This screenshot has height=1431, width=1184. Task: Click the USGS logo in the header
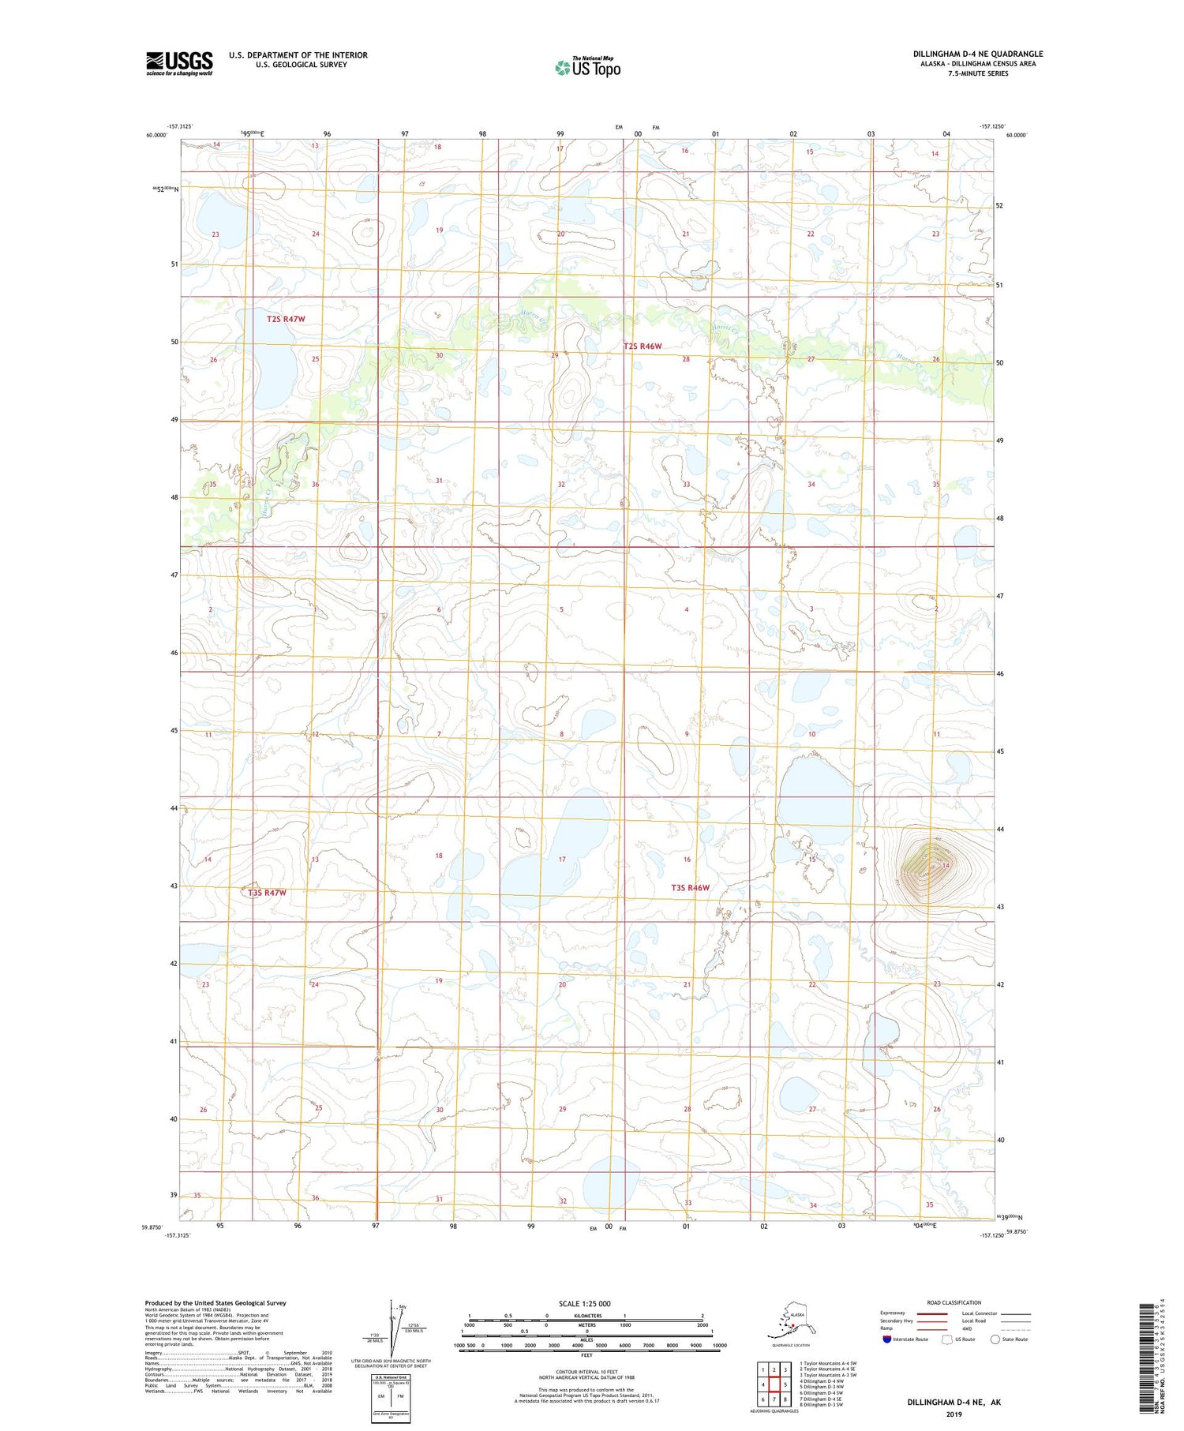point(179,63)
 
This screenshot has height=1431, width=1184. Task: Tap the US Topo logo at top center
point(588,67)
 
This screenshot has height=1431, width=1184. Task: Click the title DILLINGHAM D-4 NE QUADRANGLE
point(978,54)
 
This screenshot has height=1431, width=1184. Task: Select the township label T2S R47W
point(285,319)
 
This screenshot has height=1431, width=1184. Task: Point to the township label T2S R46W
point(642,346)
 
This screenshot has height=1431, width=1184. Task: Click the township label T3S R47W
point(267,893)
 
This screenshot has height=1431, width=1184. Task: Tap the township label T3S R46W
point(690,888)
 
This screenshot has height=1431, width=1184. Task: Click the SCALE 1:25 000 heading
point(584,1304)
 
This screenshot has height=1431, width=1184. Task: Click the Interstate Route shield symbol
point(887,1339)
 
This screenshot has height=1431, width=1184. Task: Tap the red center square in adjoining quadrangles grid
point(774,1384)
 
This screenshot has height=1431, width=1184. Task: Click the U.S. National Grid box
point(392,1397)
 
